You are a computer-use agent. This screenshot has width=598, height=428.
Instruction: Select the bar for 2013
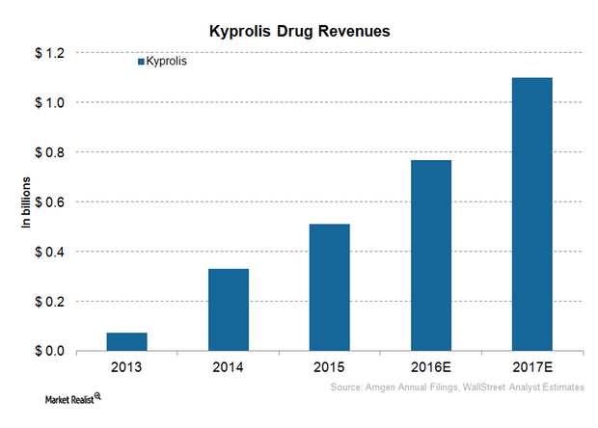tap(126, 341)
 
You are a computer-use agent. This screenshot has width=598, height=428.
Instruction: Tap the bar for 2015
tap(329, 287)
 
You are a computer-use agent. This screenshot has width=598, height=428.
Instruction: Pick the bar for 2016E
tap(430, 255)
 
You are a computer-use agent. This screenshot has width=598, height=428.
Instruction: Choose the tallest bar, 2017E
tap(531, 214)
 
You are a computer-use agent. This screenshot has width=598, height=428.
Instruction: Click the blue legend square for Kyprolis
tap(140, 62)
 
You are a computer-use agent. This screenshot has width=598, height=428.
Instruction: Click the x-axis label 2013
tap(126, 368)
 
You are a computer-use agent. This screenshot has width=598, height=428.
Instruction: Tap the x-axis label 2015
tap(329, 368)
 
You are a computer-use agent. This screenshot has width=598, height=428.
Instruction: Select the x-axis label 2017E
tap(531, 368)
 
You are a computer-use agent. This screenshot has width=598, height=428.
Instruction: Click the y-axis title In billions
tap(28, 203)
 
